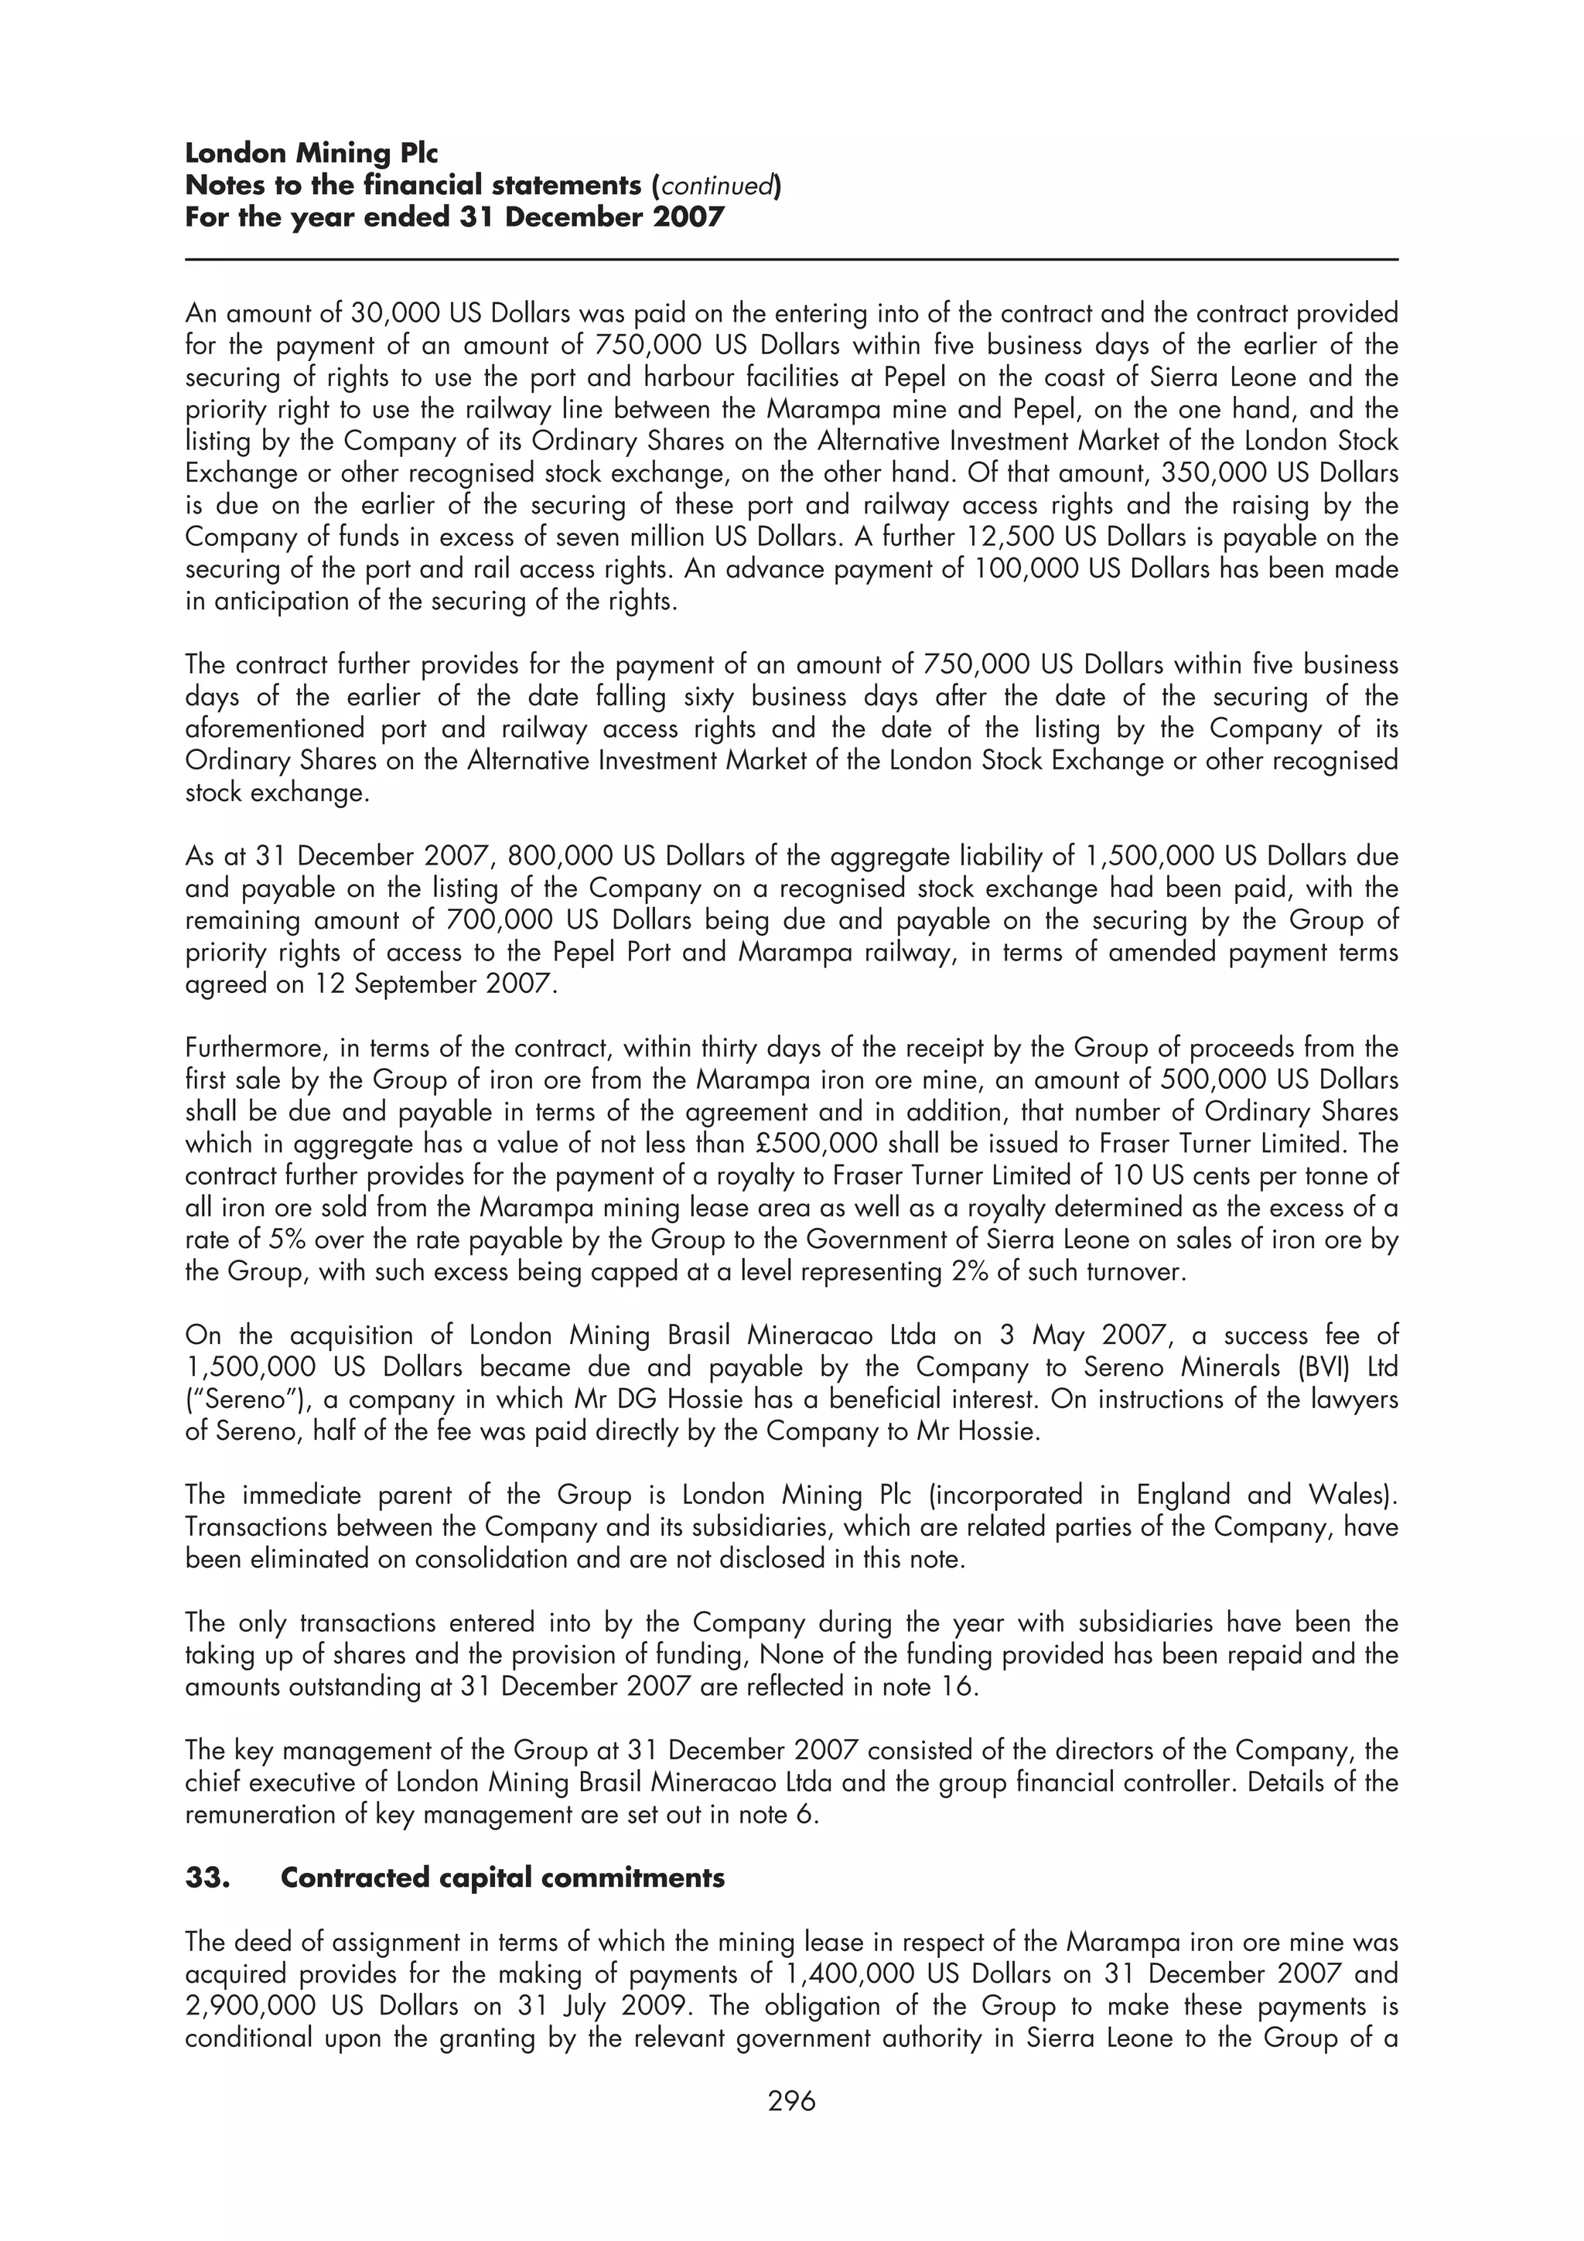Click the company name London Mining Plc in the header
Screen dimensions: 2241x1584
click(x=312, y=153)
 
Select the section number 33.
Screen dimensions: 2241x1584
click(x=207, y=1878)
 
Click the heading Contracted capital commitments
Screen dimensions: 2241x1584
click(x=502, y=1878)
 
